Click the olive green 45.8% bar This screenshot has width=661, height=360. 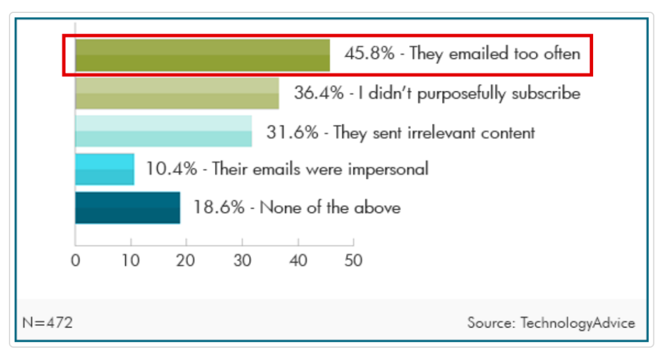pos(202,55)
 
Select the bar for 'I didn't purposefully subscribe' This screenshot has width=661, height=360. pos(177,93)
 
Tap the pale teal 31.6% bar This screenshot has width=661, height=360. pos(163,131)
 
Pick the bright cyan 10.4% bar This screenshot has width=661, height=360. pos(104,169)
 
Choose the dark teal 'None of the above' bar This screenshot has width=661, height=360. pos(127,208)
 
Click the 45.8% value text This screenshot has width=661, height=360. pos(369,54)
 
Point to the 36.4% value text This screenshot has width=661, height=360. pos(319,93)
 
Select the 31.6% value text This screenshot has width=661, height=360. pos(291,132)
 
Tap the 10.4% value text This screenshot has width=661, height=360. pos(171,169)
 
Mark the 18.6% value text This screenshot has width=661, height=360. pos(218,208)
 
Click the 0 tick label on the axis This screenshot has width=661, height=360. pos(76,260)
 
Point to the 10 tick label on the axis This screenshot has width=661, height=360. pos(130,260)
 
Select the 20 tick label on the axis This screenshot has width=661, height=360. pos(186,260)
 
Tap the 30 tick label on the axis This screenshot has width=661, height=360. pos(242,260)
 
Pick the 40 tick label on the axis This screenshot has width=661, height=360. pos(298,260)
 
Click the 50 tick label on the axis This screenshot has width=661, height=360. pos(353,260)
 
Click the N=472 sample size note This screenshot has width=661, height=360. pos(47,323)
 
